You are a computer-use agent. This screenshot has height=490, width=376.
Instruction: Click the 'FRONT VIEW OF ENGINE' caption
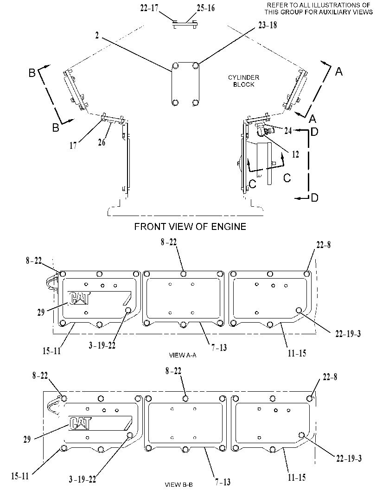click(x=190, y=226)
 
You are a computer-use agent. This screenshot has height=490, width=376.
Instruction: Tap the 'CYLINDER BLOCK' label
click(x=243, y=81)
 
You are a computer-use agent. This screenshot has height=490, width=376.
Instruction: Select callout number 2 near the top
click(x=97, y=36)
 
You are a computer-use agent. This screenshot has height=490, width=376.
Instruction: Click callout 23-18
click(x=268, y=25)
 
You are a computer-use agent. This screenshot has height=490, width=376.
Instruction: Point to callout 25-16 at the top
click(x=206, y=8)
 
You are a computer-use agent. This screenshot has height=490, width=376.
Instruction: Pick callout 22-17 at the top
click(x=149, y=8)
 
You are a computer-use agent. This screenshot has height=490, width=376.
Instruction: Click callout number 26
click(x=102, y=142)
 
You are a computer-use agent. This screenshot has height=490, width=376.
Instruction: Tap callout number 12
click(x=295, y=154)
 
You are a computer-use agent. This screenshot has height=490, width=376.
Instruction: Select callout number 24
click(x=287, y=130)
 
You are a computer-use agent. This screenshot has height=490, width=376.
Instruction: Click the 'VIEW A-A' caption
click(x=183, y=355)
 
